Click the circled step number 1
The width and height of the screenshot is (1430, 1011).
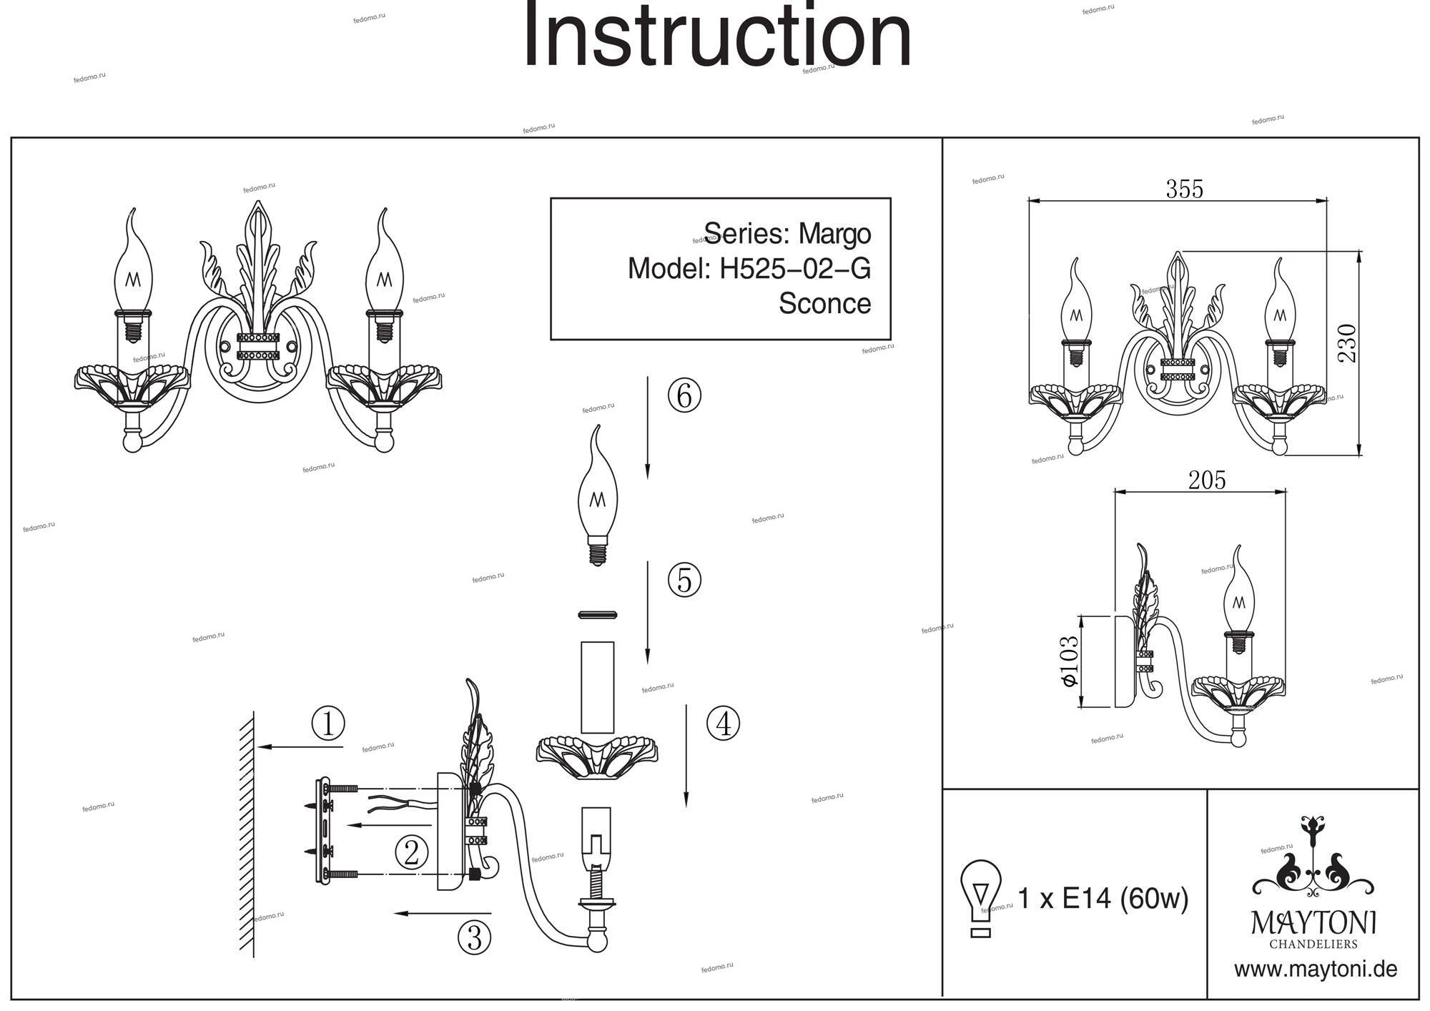point(328,724)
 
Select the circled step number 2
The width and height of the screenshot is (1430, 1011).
point(411,852)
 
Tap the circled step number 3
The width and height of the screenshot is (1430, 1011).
point(474,937)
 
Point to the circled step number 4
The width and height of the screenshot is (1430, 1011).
point(723,724)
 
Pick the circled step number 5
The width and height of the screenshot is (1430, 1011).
point(684,580)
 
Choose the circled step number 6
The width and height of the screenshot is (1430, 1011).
point(684,395)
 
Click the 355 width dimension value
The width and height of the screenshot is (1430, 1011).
point(1184,189)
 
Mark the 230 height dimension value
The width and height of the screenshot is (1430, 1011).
point(1346,343)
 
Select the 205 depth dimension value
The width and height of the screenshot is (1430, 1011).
point(1207,480)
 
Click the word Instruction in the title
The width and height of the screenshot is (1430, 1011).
point(717,36)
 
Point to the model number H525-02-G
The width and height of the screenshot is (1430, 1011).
point(795,270)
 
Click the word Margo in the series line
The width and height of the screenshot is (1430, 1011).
point(834,234)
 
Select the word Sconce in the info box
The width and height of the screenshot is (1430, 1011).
point(824,304)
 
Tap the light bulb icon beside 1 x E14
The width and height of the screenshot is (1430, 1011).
point(980,897)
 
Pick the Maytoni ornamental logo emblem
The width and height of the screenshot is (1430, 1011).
point(1313,858)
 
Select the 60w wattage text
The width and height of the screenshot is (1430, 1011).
point(1154,898)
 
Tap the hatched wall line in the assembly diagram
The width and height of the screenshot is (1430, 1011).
point(247,833)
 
